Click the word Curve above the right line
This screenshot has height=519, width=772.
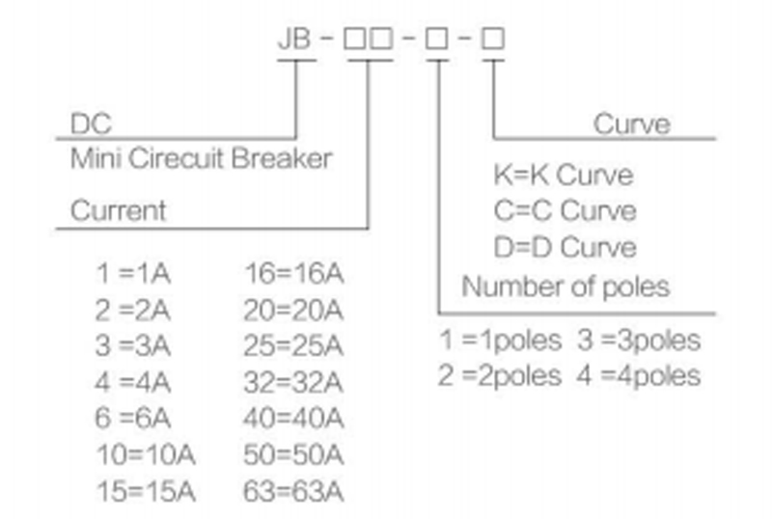tap(631, 123)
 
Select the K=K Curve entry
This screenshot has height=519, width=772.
tap(564, 176)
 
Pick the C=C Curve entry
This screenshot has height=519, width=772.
tap(565, 210)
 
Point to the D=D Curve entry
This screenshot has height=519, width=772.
tap(565, 246)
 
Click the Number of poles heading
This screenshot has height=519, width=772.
tap(565, 287)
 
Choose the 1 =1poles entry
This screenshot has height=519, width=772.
tap(500, 341)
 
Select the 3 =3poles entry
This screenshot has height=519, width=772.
tap(640, 341)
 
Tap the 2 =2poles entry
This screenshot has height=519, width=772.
tap(500, 375)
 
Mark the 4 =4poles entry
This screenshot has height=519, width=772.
tap(640, 375)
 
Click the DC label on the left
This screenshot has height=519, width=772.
tap(91, 124)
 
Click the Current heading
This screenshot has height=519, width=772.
tap(118, 210)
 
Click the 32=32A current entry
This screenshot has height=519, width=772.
tap(295, 383)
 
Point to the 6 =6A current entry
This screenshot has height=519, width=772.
tap(133, 420)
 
